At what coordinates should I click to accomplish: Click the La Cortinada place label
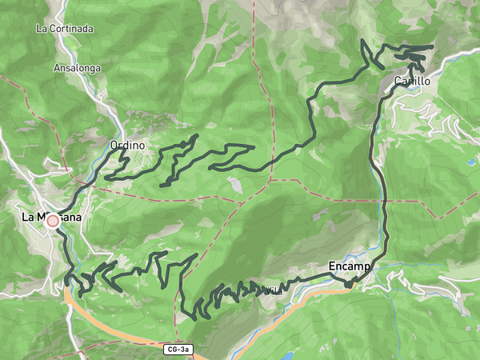[65, 29]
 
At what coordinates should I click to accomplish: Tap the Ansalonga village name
[77, 69]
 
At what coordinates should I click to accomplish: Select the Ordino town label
[127, 146]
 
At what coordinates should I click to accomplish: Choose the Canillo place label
[412, 82]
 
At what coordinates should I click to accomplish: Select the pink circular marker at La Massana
[53, 221]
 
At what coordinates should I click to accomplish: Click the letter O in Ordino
[114, 146]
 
